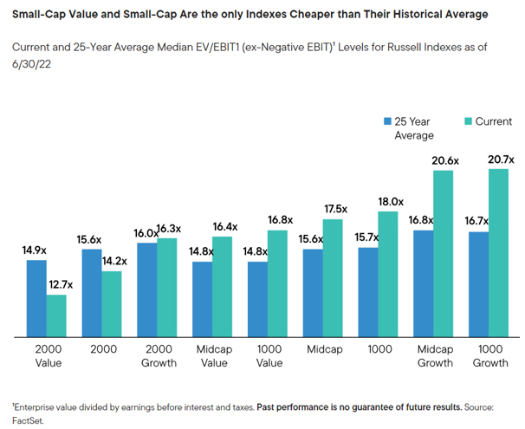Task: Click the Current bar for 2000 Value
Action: coord(56,315)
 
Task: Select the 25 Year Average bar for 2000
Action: coord(91,293)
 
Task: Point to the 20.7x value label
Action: coord(501,159)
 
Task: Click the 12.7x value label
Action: coord(57,285)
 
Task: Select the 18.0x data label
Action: coord(390,201)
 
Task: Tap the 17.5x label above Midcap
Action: coord(334,209)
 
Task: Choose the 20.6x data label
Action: coord(444,160)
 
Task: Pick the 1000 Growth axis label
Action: coord(489,355)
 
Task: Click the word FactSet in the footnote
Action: coord(27,419)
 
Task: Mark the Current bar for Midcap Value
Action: coord(222,287)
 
